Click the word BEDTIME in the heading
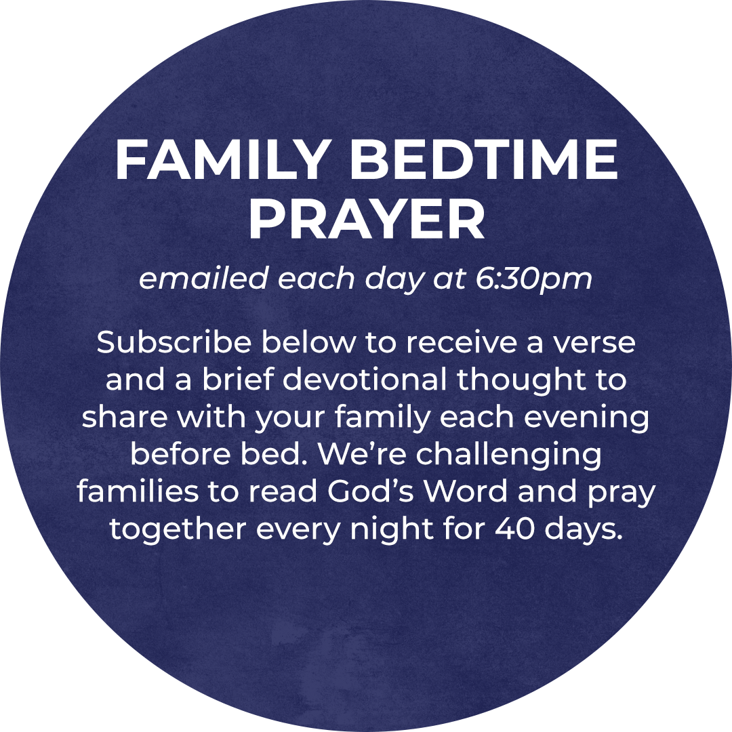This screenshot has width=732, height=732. coord(486,160)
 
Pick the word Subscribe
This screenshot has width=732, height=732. coord(174,342)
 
